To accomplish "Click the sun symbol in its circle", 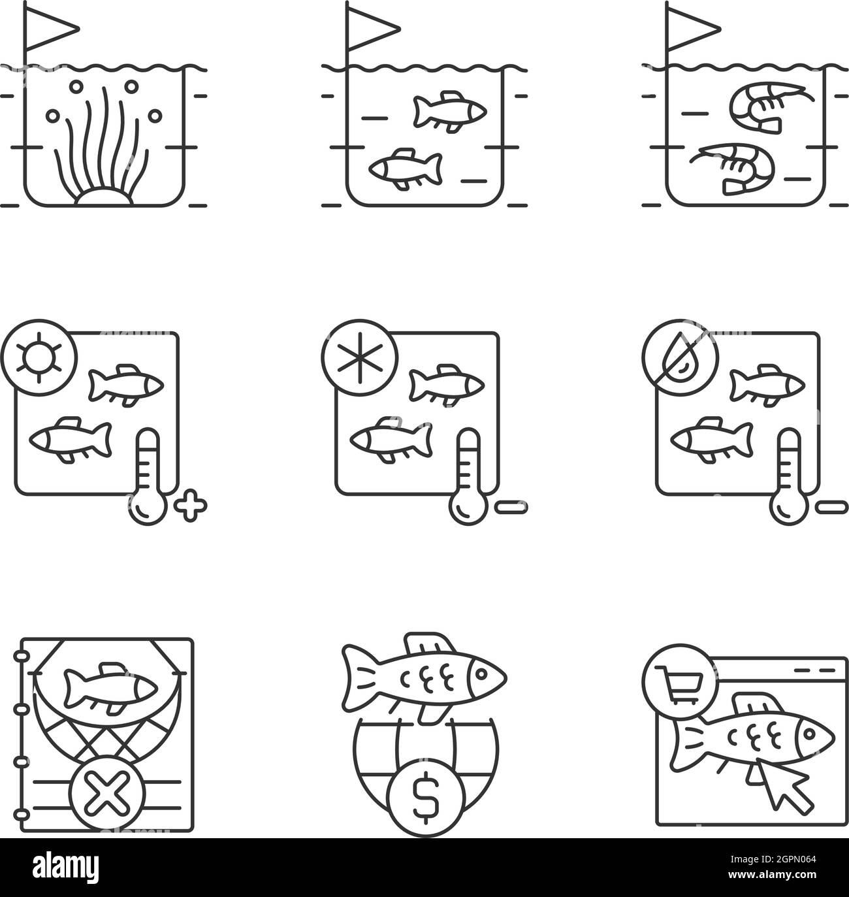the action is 39,358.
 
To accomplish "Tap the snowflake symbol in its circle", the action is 359,358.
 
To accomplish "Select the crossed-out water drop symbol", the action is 681,358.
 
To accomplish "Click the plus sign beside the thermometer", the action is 190,506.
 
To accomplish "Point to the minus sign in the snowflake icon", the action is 511,507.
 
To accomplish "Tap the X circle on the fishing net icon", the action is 107,794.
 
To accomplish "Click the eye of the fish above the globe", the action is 481,674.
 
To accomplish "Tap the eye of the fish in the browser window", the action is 809,734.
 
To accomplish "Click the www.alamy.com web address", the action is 773,875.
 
